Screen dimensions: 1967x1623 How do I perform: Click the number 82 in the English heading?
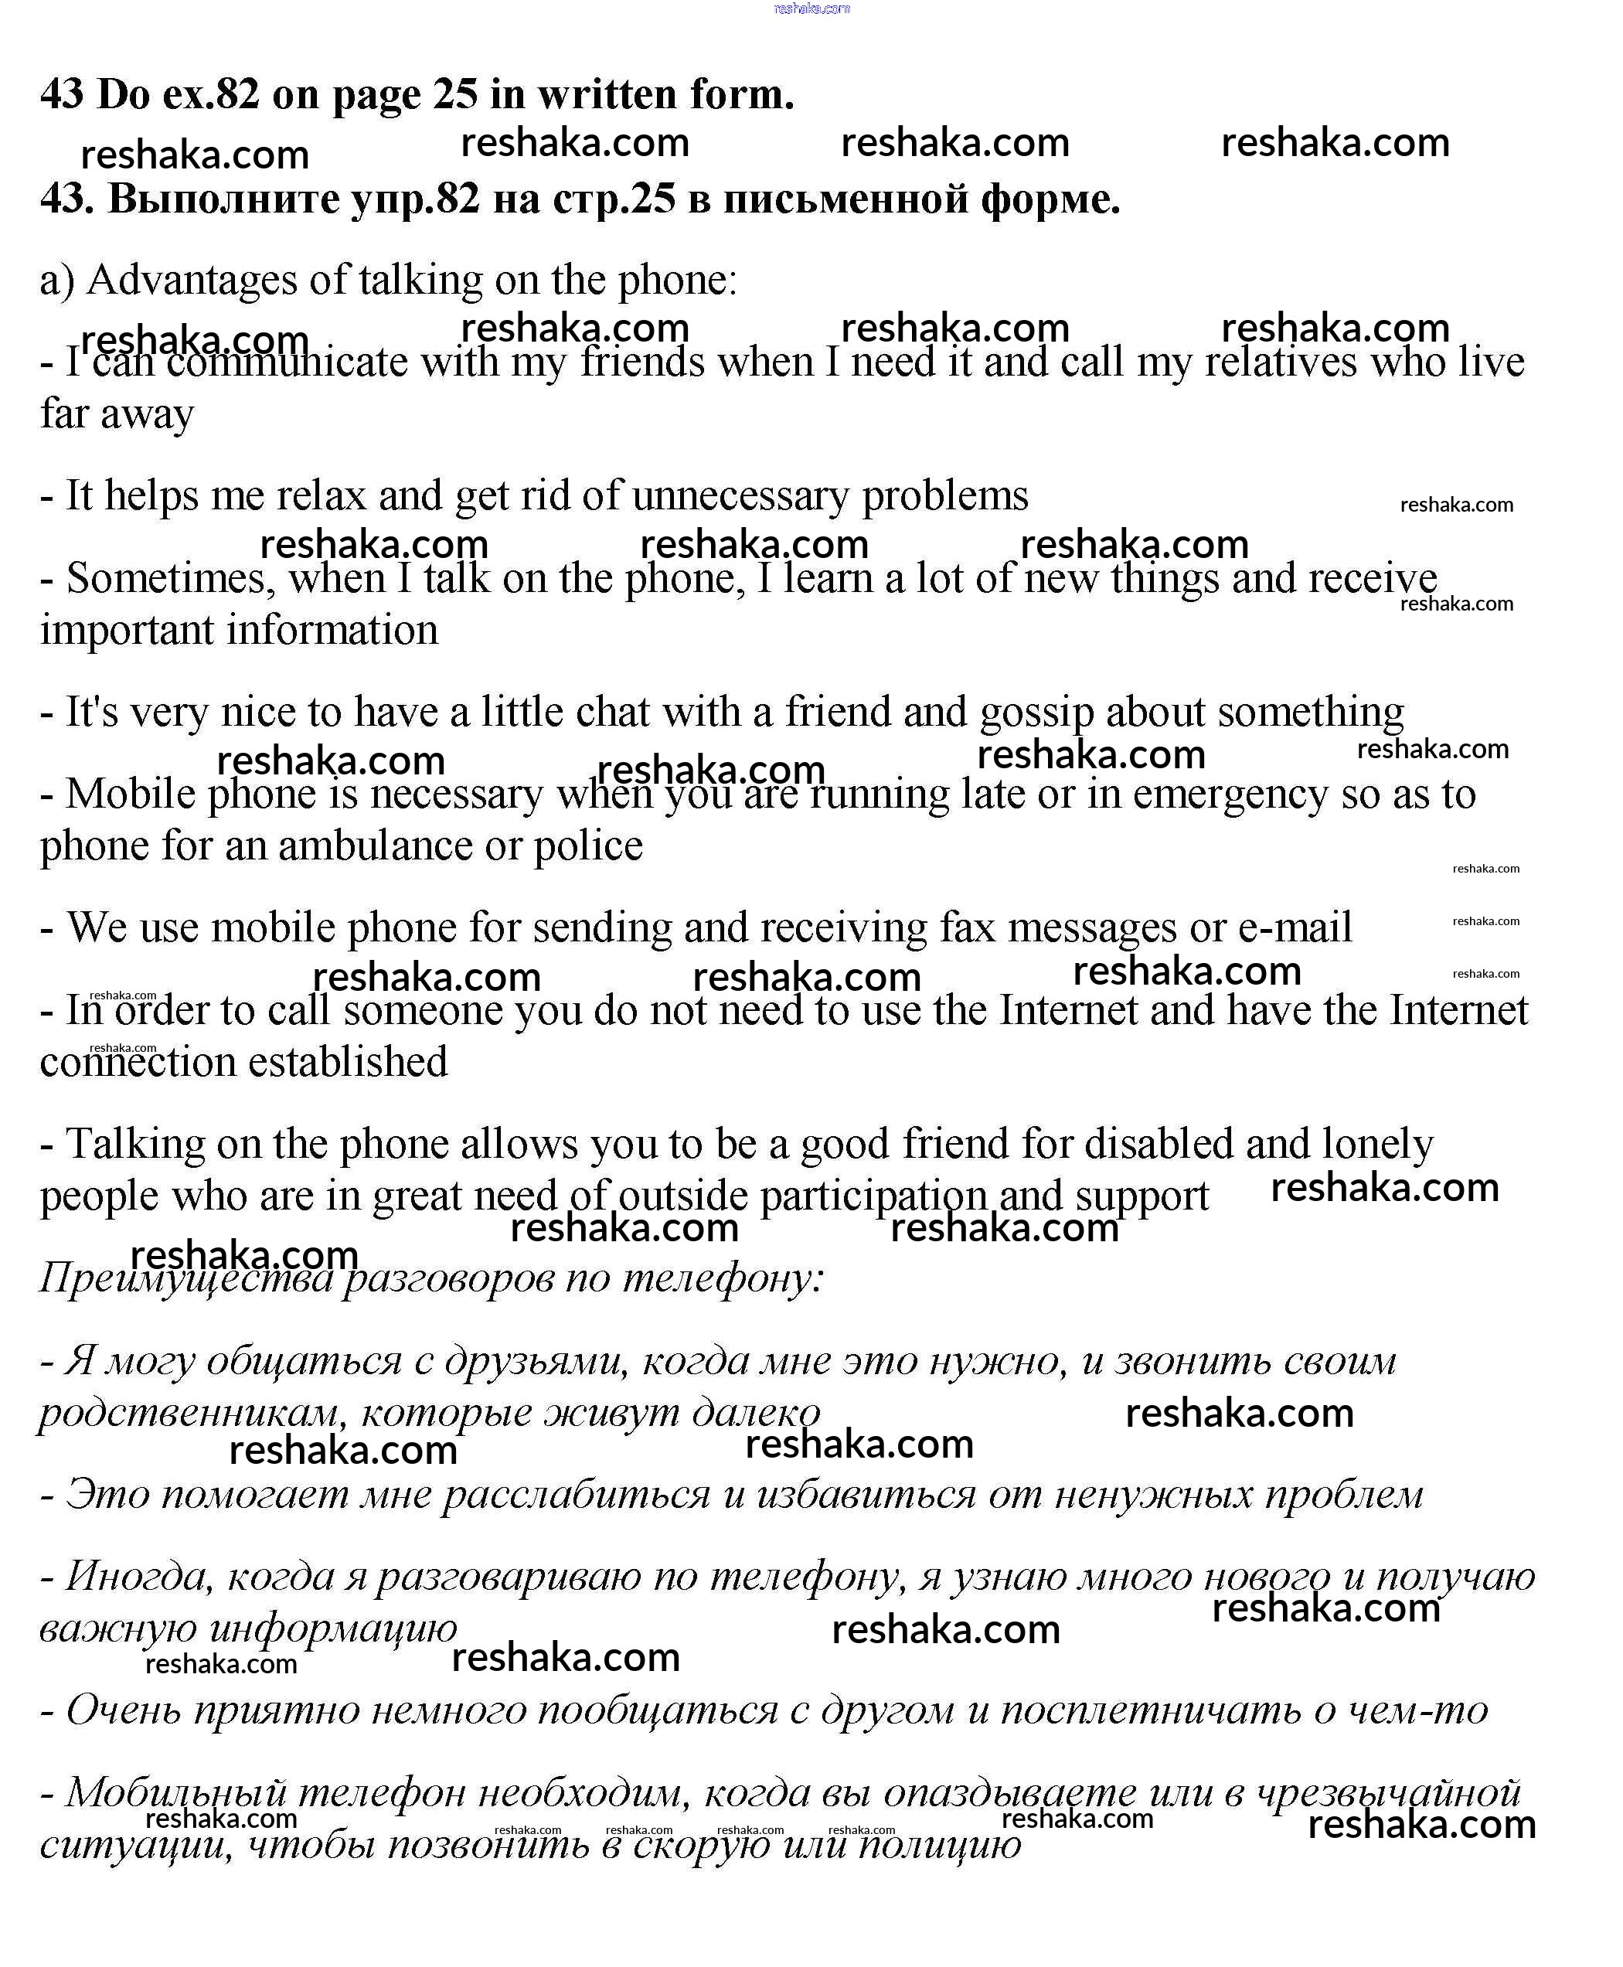[x=236, y=94]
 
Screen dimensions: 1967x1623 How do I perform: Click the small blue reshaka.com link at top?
[x=811, y=9]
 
